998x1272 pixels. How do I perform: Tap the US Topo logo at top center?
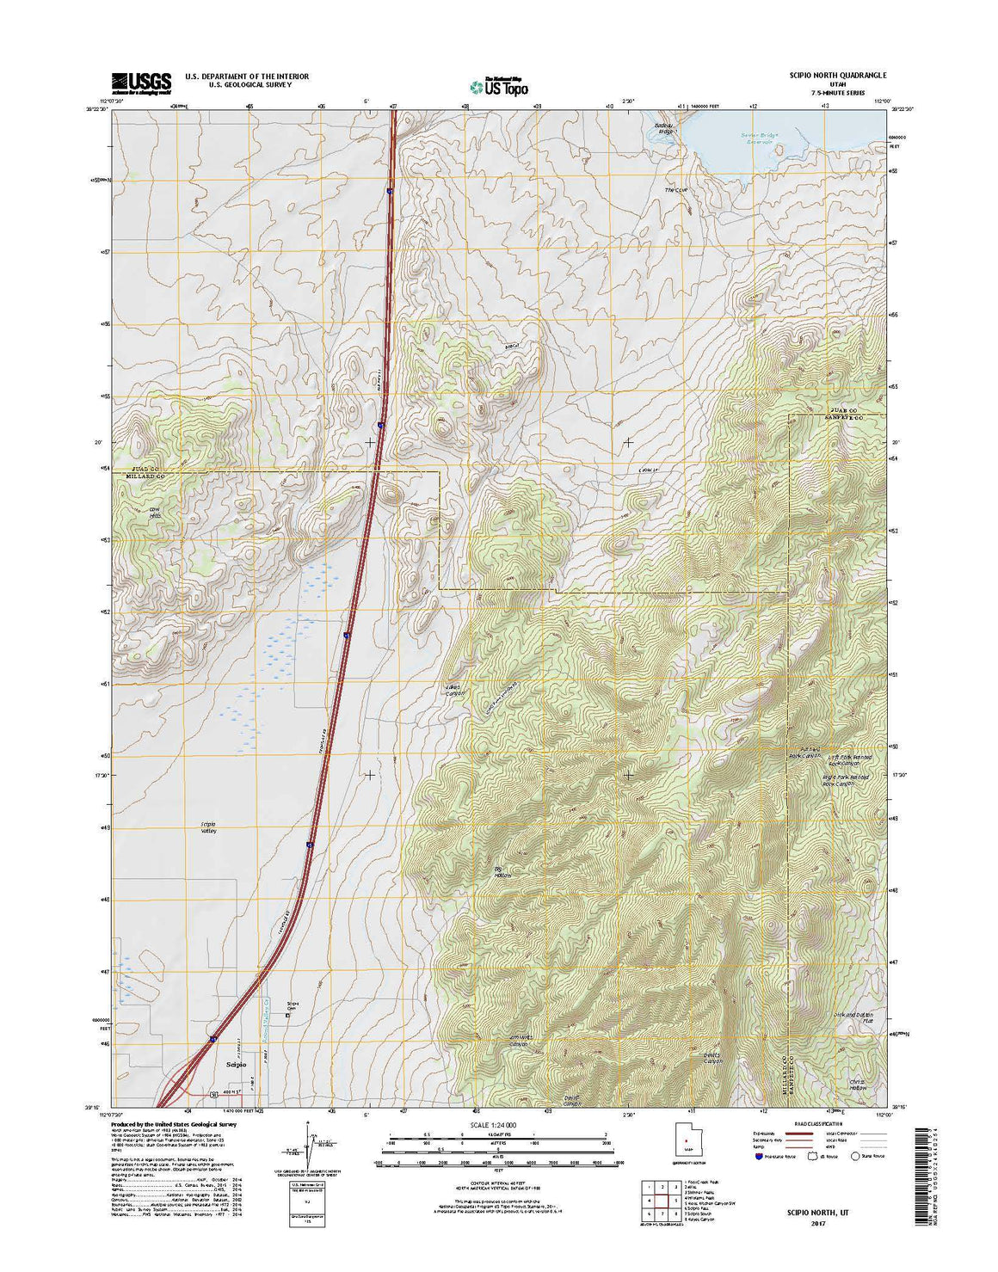coord(499,85)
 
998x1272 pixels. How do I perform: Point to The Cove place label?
coord(677,190)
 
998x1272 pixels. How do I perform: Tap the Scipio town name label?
coord(236,1064)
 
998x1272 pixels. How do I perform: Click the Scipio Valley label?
coord(208,827)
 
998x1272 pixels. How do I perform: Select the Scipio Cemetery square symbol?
coord(288,1014)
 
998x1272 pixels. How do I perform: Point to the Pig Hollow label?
coord(502,872)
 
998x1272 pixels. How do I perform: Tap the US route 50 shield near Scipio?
coord(213,1094)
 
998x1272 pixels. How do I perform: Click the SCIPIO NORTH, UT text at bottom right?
coord(800,1210)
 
